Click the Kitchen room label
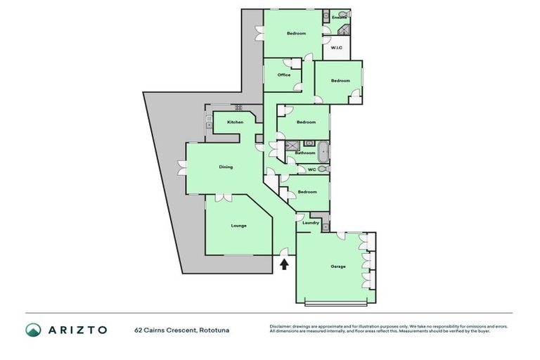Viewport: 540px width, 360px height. coord(235,122)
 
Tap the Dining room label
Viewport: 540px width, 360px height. coord(226,167)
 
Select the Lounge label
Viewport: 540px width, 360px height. coord(239,226)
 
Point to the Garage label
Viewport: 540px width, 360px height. coord(338,266)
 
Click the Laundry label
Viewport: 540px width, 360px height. coord(311,223)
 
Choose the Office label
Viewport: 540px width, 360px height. coord(284,75)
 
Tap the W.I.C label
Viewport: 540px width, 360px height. coord(336,48)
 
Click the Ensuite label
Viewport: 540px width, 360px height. coord(339,17)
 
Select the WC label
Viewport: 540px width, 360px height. coord(311,169)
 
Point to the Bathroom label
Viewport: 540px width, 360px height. coord(305,153)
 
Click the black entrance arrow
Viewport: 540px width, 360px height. coord(284,264)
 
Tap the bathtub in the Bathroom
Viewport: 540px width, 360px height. coord(323,151)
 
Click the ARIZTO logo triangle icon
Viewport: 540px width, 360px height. coord(33,330)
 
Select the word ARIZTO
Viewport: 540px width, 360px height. coord(78,330)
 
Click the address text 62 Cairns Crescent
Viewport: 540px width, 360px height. coord(165,330)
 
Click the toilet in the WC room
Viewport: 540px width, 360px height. coord(322,169)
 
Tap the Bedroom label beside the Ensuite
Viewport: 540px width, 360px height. coord(296,33)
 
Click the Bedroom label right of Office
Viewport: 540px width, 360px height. coord(340,81)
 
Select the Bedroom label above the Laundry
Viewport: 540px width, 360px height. coord(307,191)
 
